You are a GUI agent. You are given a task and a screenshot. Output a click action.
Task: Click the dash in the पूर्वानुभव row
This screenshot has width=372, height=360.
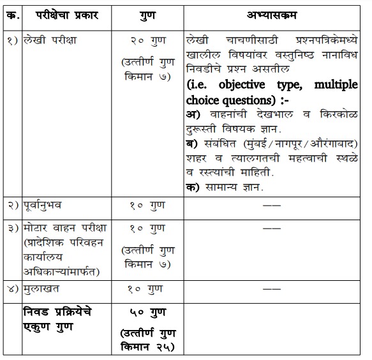pyautogui.click(x=272, y=206)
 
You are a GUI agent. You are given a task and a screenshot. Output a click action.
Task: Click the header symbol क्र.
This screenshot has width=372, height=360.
pyautogui.click(x=13, y=14)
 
